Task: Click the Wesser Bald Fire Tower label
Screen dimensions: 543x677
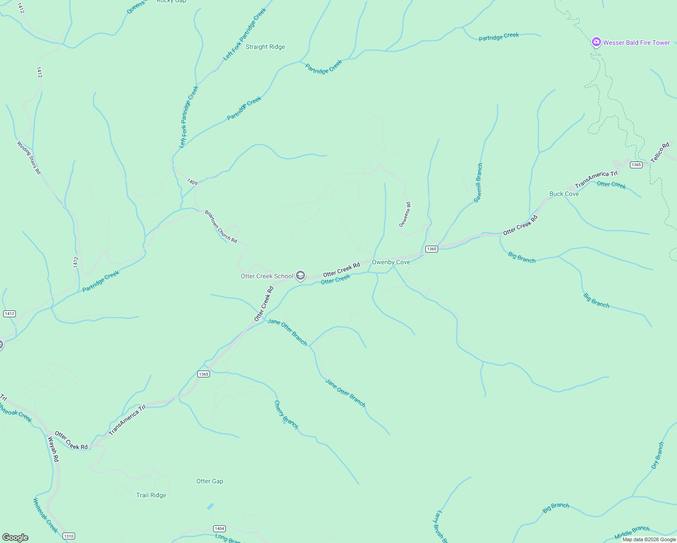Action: tap(636, 43)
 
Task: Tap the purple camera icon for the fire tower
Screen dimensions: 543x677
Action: tap(596, 42)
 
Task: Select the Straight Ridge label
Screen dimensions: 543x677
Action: tap(265, 47)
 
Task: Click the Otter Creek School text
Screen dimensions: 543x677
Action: tap(267, 276)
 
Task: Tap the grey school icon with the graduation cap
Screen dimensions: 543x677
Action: tap(300, 276)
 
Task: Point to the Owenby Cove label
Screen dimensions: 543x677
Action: tap(391, 262)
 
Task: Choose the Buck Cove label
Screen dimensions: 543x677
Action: tap(564, 194)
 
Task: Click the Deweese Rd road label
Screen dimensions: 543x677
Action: tap(405, 214)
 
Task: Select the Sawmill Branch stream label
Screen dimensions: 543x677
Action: tap(478, 182)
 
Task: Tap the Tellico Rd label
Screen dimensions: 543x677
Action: tap(660, 153)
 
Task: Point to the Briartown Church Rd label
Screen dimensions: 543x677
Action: tap(221, 226)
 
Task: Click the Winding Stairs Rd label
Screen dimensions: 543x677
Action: tap(29, 158)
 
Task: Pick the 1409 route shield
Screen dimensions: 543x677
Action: tap(192, 182)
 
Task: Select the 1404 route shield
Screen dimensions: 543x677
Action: tap(219, 529)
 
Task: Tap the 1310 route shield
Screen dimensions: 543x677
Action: tap(68, 536)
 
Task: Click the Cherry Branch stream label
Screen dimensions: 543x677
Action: tap(286, 414)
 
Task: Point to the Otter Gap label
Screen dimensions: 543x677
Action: tap(210, 481)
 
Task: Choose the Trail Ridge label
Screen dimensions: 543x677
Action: tap(151, 495)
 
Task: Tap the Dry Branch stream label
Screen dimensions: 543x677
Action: tap(658, 455)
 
